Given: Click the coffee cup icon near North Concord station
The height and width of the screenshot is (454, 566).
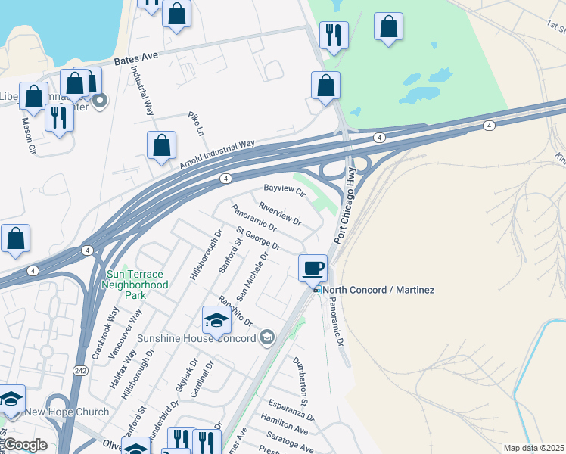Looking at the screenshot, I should [313, 268].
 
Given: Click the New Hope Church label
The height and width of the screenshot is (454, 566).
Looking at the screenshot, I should [67, 412].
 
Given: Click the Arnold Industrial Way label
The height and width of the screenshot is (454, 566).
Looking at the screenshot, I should [216, 154].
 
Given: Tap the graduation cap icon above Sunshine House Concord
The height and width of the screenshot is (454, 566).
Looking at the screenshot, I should [216, 321].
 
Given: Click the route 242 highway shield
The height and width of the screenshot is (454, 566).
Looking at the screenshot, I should [80, 371].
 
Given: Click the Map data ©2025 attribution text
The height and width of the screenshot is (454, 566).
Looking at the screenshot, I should [533, 448].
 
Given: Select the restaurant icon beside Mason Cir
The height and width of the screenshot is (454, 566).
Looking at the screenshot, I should [58, 118].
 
